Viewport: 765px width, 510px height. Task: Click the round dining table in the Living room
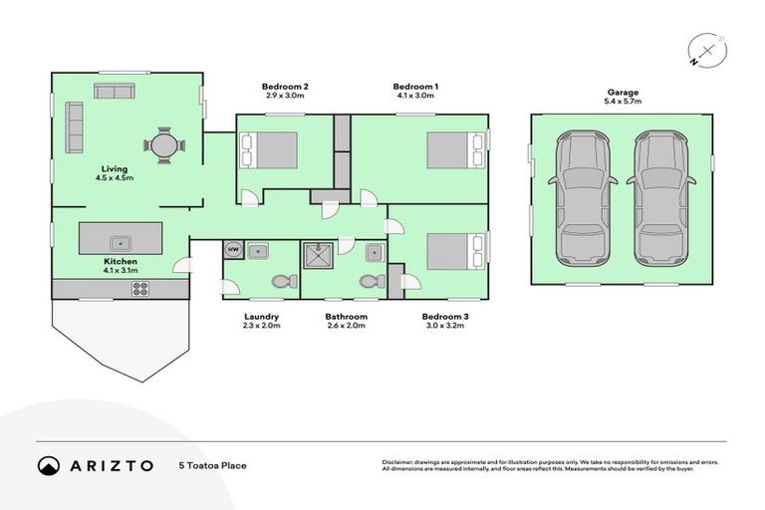tap(165, 146)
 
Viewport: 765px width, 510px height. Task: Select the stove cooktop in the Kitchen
tap(140, 290)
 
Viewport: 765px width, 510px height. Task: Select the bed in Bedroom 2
tap(270, 150)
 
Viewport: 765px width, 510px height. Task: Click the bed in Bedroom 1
tap(456, 150)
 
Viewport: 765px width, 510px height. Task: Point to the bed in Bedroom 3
tap(456, 251)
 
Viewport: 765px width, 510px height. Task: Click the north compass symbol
tap(706, 50)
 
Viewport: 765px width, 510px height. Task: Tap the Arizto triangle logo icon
tap(49, 465)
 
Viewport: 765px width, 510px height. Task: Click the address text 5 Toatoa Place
tap(211, 465)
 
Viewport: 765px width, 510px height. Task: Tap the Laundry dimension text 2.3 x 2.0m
tap(262, 326)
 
